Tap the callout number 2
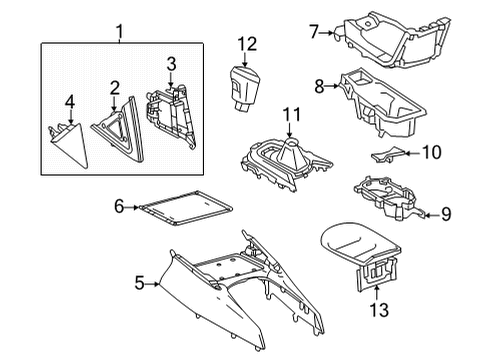coord(115,88)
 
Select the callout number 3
coord(171,65)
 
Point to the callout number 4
coord(69,101)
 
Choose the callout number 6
coord(119,207)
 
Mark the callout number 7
coord(313,33)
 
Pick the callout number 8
coord(320,88)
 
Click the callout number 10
coord(433,152)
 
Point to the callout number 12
coord(246,43)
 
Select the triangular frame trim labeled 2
coord(118,127)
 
